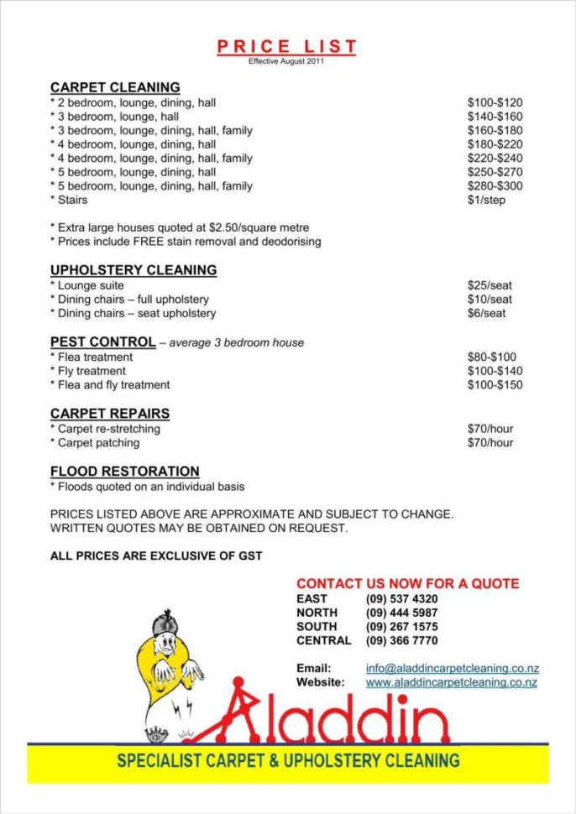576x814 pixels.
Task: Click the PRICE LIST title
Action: [286, 46]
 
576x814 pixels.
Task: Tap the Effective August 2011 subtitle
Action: [286, 61]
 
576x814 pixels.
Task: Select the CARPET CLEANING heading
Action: [115, 87]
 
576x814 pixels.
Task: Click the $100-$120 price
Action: [495, 102]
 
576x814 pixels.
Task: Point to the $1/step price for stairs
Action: [486, 200]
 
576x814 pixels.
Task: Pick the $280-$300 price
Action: [495, 186]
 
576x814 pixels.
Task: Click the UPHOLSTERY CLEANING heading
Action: [134, 270]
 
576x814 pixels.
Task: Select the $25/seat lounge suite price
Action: [490, 285]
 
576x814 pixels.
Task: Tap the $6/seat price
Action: [486, 313]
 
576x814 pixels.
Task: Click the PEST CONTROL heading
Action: [102, 342]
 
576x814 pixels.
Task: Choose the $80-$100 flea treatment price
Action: [491, 357]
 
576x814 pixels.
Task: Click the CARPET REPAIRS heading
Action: [110, 414]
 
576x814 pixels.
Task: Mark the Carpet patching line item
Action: [95, 442]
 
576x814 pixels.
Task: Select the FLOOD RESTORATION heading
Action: [124, 472]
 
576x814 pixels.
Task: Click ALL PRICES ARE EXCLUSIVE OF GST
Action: [156, 556]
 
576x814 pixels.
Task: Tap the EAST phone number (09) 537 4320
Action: [401, 599]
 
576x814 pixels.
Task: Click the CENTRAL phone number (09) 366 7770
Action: [401, 640]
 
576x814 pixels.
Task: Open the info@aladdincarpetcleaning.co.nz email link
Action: [452, 669]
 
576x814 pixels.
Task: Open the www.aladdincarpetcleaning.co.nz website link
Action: [451, 682]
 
